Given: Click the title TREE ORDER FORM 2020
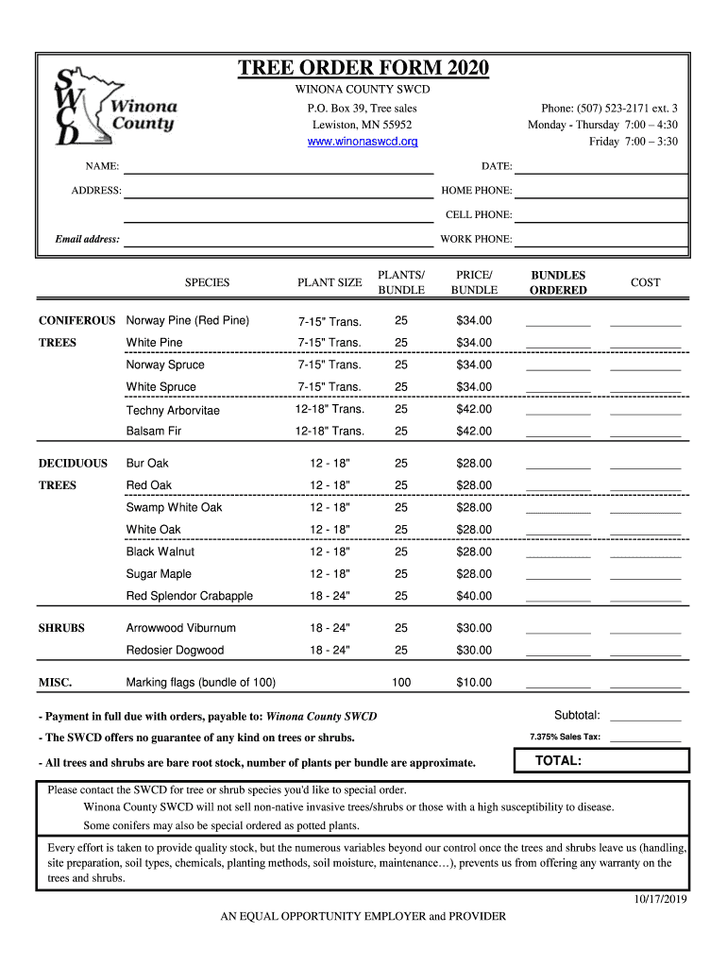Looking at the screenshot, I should pos(363,68).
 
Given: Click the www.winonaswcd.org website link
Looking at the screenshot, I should pos(363,142).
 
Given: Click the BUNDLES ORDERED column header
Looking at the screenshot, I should pos(558,283).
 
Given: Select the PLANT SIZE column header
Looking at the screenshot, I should pos(330,283).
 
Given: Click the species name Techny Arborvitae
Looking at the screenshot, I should pos(173,410).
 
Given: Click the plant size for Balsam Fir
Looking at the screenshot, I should pos(330,432).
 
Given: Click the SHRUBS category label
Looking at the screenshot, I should pos(61,628).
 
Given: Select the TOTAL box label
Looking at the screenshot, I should pos(558,761).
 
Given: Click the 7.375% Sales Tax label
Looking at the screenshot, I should pos(565,737).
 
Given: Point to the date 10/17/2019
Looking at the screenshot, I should pos(660,899).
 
